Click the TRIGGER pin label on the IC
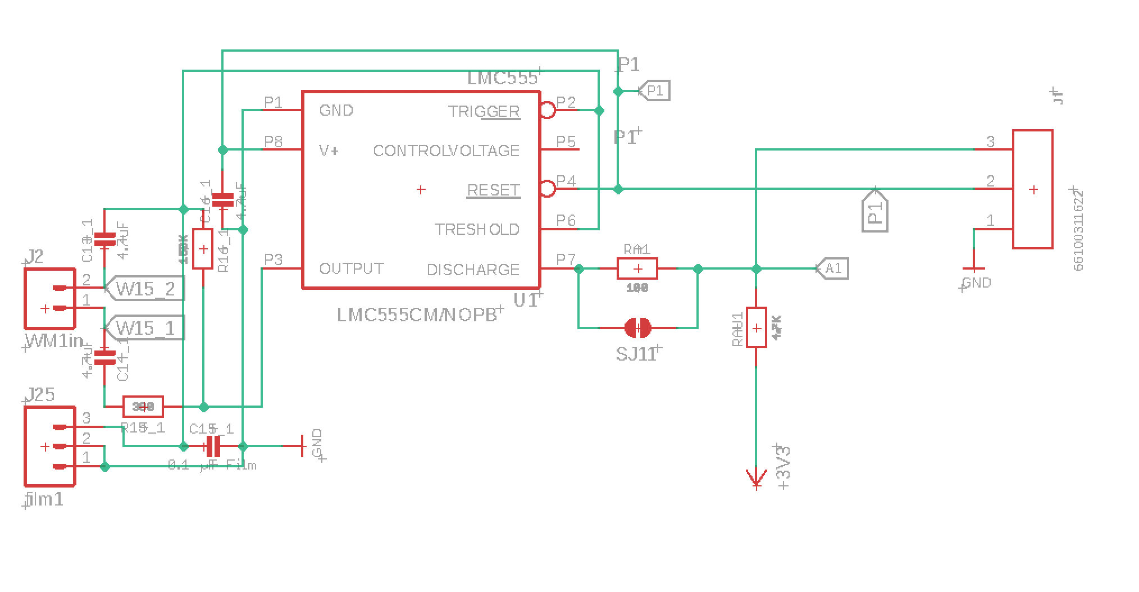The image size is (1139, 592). point(484,111)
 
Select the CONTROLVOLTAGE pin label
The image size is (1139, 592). point(446,151)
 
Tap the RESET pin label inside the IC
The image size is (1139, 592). point(493,190)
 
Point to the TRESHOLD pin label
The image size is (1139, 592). point(477,229)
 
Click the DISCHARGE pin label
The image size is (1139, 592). point(473,270)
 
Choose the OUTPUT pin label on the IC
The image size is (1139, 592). point(352,268)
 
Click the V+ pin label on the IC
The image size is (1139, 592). point(329,151)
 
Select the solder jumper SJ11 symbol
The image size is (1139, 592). point(638,327)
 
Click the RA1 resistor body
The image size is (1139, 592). point(637,269)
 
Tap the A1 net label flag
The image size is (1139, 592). point(832,268)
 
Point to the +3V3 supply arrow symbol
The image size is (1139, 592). point(757,478)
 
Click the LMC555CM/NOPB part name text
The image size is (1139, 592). point(417,315)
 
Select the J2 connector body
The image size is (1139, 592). point(49,298)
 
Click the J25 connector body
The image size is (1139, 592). point(49,446)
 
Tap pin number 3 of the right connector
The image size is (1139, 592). point(991,142)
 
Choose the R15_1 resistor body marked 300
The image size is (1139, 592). point(143,406)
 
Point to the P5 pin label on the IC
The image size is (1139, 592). point(566,141)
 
